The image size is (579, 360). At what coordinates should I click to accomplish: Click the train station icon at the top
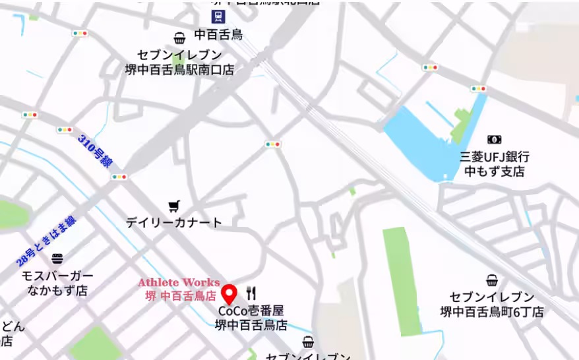coord(217,16)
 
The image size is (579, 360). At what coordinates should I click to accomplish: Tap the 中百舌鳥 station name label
coord(218,35)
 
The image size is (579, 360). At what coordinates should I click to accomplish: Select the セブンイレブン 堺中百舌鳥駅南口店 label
coord(179,62)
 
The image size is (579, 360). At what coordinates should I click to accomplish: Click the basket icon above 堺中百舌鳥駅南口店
coord(179,38)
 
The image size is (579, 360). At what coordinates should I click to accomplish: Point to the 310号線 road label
coord(94,150)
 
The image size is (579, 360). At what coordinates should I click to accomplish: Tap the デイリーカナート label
coord(174,223)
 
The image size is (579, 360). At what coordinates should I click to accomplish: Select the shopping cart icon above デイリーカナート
coord(173,206)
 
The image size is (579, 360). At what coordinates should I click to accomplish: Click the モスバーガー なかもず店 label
coord(57,283)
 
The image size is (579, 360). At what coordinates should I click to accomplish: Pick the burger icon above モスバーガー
coord(57,258)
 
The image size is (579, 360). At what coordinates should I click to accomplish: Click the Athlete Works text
coord(179,283)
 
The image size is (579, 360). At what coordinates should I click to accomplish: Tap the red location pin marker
coord(229,293)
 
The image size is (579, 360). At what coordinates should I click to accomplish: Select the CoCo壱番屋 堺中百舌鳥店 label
coord(251,317)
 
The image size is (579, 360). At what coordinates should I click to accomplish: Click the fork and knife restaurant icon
coord(251,293)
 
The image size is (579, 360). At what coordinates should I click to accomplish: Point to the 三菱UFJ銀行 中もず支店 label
coord(495,164)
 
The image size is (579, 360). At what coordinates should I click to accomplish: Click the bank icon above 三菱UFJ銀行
coord(494,140)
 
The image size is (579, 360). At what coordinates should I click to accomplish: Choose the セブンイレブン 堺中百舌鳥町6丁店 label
coord(492,304)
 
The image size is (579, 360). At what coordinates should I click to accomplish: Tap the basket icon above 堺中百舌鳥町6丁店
coord(492,280)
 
